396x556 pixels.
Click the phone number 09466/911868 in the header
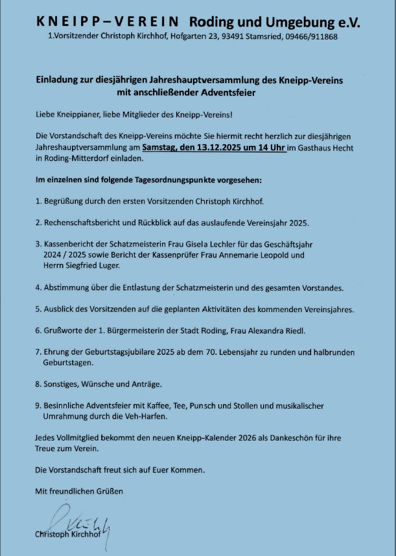point(310,37)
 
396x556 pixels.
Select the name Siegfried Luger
point(92,266)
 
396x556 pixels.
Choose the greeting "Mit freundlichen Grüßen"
point(78,491)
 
